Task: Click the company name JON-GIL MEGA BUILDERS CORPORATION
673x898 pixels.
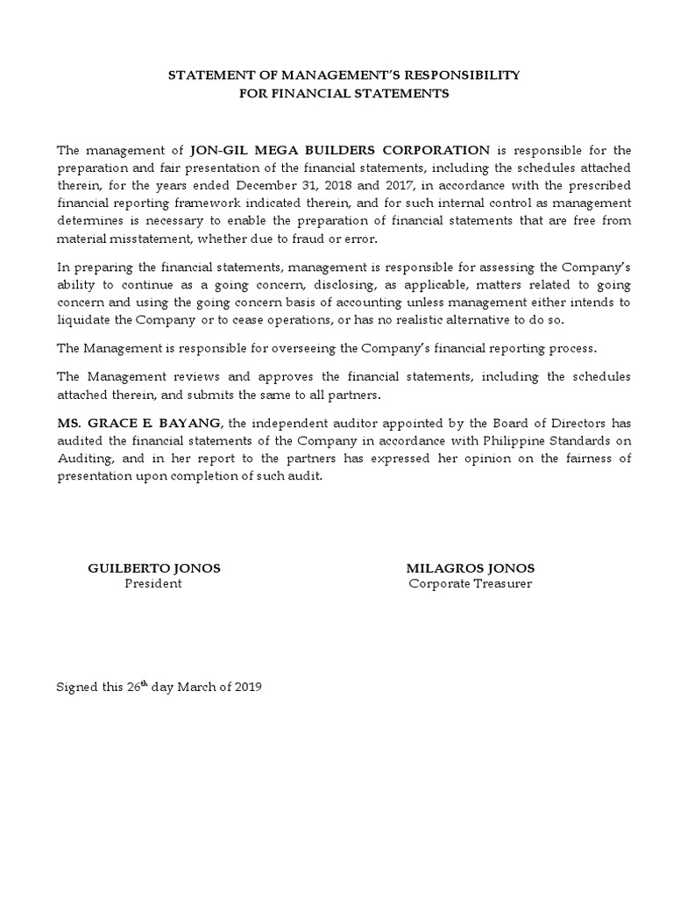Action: (340, 150)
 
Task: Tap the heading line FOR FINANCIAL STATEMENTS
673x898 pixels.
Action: (344, 93)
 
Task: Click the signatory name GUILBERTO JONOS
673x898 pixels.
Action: (154, 568)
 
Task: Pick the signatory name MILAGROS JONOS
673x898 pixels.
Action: (471, 568)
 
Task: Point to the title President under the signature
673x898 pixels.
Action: (153, 584)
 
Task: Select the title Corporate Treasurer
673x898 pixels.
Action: (471, 584)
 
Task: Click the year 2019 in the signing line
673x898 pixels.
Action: (244, 687)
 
